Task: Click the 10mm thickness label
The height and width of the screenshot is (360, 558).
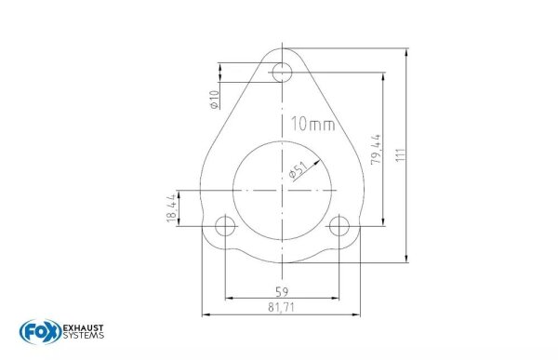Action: pos(313,125)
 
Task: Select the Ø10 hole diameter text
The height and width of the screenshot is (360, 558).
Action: pos(214,100)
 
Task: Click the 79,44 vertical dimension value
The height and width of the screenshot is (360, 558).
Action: pos(376,149)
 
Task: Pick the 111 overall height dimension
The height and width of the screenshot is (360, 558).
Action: pos(401,155)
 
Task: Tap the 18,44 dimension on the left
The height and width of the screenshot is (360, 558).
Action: pos(171,208)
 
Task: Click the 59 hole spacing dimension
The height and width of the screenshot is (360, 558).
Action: pos(282,292)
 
